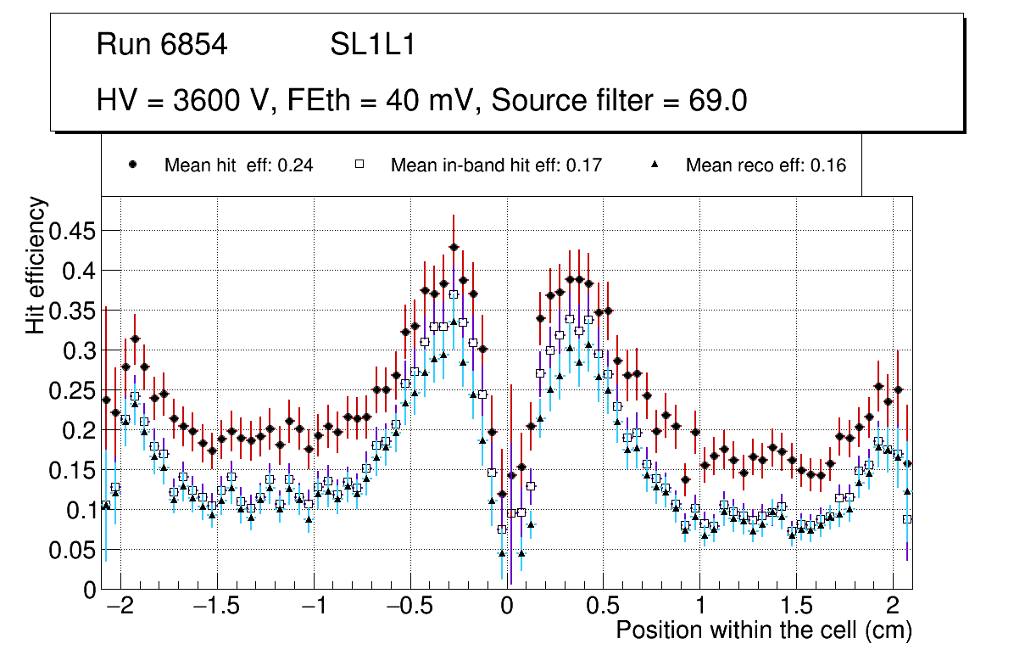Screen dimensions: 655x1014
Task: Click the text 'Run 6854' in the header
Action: click(162, 45)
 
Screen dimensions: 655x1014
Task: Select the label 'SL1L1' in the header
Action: click(373, 45)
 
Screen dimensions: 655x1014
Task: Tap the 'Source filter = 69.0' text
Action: click(619, 101)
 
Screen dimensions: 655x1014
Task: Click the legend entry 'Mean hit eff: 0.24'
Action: click(238, 165)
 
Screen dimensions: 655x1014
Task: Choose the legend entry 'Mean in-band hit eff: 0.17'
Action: click(496, 165)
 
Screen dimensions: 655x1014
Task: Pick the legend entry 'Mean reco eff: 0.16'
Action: click(766, 165)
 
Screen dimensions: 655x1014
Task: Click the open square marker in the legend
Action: click(359, 165)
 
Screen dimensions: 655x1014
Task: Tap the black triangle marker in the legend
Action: click(655, 165)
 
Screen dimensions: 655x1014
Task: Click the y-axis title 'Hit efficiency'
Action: click(36, 266)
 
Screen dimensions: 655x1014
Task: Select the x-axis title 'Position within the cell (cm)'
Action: click(763, 630)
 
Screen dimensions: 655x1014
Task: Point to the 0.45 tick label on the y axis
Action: click(73, 232)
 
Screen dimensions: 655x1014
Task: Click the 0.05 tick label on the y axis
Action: click(73, 550)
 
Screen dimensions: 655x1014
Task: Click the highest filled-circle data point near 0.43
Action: click(454, 247)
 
